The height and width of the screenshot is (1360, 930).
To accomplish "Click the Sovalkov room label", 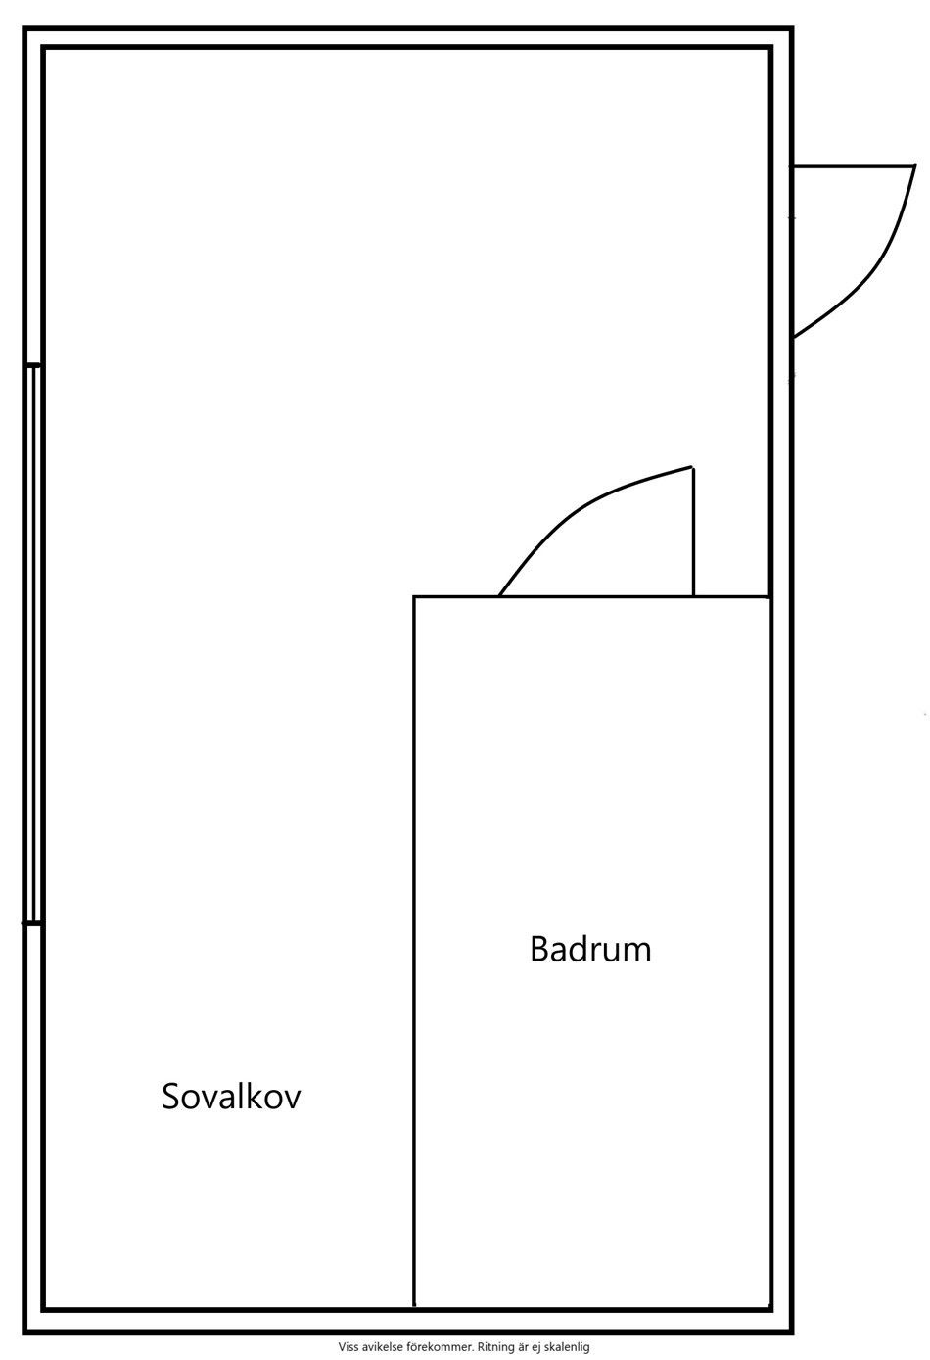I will pyautogui.click(x=231, y=1096).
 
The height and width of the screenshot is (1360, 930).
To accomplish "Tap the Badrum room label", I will pyautogui.click(x=590, y=949).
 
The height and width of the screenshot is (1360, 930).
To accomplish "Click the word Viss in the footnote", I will pyautogui.click(x=349, y=1347).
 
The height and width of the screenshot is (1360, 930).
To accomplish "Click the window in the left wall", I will pyautogui.click(x=33, y=643).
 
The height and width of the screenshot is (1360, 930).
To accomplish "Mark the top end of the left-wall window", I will pyautogui.click(x=33, y=366).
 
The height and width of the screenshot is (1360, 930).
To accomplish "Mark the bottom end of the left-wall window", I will pyautogui.click(x=33, y=922).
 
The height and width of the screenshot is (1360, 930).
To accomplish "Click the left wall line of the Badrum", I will pyautogui.click(x=414, y=950).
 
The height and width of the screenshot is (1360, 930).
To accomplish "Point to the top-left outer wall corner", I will pyautogui.click(x=26, y=29).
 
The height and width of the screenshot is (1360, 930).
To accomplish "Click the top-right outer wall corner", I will pyautogui.click(x=790, y=29).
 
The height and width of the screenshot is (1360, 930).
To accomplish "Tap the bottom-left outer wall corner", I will pyautogui.click(x=26, y=1331).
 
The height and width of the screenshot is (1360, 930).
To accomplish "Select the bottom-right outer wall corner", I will pyautogui.click(x=790, y=1331).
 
